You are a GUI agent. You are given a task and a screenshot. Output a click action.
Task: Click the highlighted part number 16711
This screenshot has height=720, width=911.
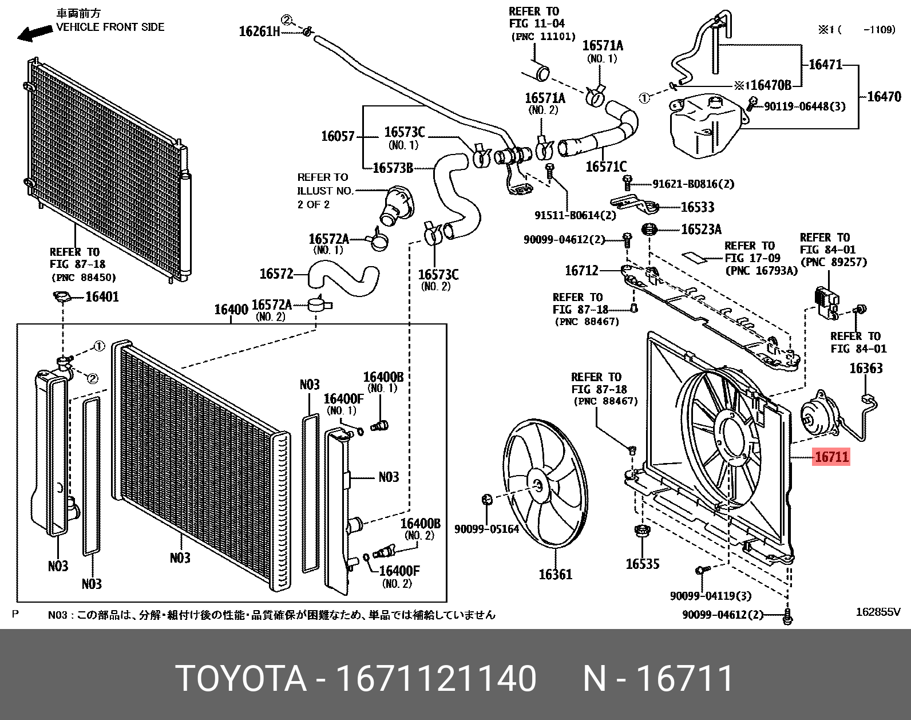(831, 457)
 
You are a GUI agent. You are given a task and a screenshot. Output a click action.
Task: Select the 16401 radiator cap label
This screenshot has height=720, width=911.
(102, 297)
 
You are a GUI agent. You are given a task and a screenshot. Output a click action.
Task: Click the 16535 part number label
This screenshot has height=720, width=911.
(643, 564)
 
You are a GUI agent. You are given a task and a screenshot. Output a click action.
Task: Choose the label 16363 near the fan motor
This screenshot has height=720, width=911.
(866, 368)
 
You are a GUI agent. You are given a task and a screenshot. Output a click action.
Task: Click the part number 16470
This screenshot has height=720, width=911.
(884, 96)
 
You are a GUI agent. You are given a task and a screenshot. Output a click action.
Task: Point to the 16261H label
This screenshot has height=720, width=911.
(259, 31)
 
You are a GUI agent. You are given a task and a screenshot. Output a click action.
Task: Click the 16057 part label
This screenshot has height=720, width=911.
(338, 136)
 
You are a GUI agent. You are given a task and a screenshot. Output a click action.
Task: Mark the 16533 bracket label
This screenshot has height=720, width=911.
(697, 207)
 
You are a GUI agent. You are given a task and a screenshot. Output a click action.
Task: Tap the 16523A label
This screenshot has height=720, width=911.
(701, 230)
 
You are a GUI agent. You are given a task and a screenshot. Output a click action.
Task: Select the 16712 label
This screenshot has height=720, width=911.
(581, 270)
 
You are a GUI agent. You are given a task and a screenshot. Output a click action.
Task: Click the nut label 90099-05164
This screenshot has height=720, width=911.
(486, 529)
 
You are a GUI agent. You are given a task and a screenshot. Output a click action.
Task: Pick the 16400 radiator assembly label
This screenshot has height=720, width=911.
(231, 310)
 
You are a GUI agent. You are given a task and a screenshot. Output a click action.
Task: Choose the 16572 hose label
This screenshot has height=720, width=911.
(276, 274)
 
